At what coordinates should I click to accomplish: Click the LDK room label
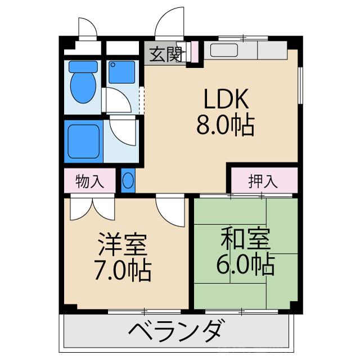point(225,100)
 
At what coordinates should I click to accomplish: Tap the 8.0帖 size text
point(225,124)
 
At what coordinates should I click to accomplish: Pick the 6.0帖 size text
point(246,264)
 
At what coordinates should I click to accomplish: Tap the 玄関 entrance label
point(165,55)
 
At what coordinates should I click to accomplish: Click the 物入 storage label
point(89,181)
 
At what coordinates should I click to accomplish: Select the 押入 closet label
point(263,181)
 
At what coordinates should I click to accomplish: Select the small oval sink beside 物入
point(128,181)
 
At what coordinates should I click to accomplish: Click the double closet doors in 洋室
point(92,209)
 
